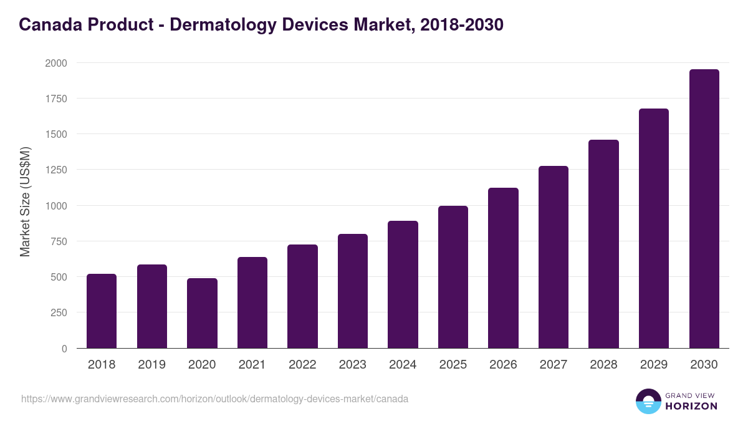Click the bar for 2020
click(x=202, y=313)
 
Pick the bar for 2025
click(x=453, y=277)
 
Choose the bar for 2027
click(x=554, y=257)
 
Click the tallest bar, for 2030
click(x=704, y=208)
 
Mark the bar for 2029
click(x=654, y=228)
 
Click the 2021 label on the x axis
click(x=252, y=365)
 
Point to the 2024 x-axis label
click(x=403, y=365)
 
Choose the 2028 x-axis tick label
click(x=603, y=365)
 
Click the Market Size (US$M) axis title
click(x=26, y=202)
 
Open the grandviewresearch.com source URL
click(x=215, y=399)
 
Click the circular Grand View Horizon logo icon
click(x=648, y=401)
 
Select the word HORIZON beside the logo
click(x=691, y=406)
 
